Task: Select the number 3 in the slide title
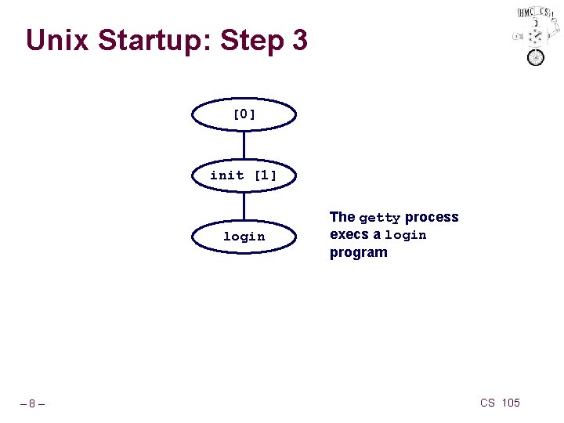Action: click(x=298, y=40)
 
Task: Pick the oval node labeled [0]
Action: click(x=244, y=114)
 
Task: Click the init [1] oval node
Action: click(x=244, y=175)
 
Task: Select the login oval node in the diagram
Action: click(x=244, y=236)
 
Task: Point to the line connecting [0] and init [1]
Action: click(x=244, y=144)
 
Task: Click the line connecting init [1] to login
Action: click(x=244, y=205)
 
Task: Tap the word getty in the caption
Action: click(x=380, y=218)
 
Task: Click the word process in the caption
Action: click(x=432, y=217)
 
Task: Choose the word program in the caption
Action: click(x=359, y=252)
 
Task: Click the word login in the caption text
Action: click(x=405, y=235)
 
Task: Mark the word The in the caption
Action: click(x=342, y=217)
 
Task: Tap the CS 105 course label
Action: click(x=500, y=403)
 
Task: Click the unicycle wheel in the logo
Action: click(x=536, y=58)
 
